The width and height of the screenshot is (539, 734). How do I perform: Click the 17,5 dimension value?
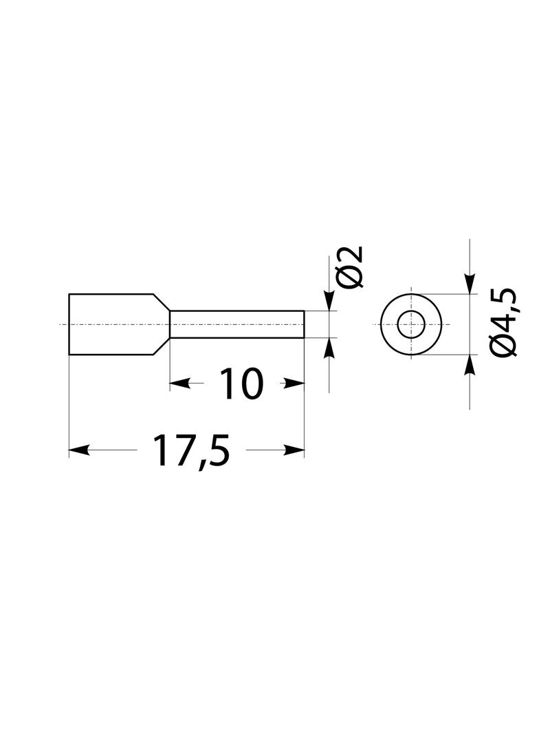click(193, 451)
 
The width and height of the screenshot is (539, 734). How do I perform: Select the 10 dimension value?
click(241, 384)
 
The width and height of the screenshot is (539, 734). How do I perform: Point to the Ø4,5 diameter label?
click(503, 323)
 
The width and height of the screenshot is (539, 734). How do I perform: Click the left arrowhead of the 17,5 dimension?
click(78, 451)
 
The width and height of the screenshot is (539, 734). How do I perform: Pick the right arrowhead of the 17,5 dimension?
click(295, 451)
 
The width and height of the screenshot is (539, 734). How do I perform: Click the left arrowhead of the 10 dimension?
click(179, 384)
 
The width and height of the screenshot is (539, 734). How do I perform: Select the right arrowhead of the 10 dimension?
click(295, 384)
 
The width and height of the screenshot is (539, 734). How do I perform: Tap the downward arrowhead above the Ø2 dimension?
click(329, 301)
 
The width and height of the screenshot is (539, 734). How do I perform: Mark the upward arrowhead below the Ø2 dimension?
click(329, 348)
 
